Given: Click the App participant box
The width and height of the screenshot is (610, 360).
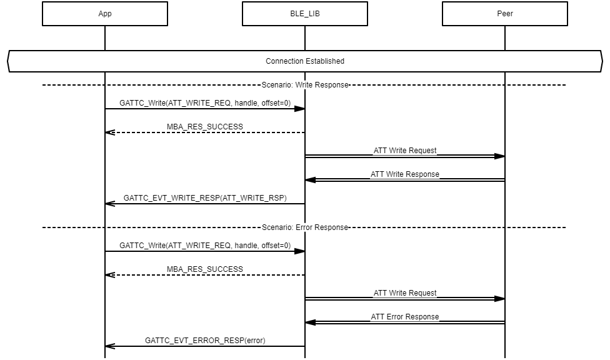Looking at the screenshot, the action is [105, 14].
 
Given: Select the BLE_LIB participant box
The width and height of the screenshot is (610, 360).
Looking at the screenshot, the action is [305, 14].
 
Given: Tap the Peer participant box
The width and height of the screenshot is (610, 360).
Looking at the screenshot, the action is [505, 14].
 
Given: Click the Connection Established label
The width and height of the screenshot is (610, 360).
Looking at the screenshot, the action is [305, 61].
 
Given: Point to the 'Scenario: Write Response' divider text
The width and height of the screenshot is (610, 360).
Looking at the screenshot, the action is [305, 85].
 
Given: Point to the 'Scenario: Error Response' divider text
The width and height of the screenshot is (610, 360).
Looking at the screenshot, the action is [305, 227].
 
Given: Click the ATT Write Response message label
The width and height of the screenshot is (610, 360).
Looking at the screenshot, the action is [405, 174].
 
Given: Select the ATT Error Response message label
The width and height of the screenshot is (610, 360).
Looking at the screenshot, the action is [405, 317].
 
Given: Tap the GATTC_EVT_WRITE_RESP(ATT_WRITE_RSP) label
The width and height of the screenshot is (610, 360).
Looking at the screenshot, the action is [205, 198].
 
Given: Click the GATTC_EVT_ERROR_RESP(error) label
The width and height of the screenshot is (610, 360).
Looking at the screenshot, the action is [205, 341].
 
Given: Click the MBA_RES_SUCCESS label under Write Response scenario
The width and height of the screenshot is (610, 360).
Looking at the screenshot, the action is [205, 127].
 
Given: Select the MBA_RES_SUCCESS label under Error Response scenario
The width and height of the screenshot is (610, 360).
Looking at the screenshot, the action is [205, 269].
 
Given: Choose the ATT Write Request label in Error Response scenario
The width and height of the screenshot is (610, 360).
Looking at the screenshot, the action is [405, 293].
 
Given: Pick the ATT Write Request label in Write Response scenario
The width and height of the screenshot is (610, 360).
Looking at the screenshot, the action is [405, 151].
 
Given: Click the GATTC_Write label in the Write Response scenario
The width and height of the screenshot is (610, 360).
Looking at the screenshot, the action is [205, 103].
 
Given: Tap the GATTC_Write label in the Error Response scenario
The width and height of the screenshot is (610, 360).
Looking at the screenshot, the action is [205, 246].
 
